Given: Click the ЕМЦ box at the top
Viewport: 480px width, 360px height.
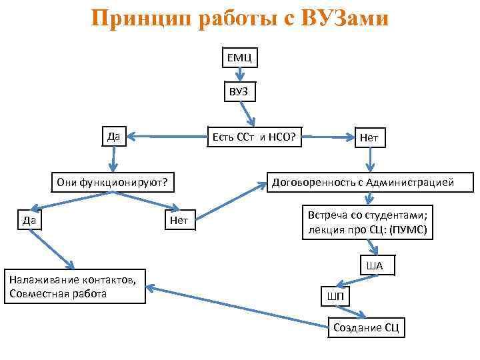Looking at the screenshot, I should point(238,59).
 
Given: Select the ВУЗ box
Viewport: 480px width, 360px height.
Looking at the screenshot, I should point(239,91).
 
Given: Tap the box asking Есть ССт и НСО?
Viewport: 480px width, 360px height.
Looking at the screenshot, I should point(253,137).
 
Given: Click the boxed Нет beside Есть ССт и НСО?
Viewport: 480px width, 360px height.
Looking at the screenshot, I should point(369,138).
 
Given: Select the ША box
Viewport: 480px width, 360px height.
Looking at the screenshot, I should point(377,266).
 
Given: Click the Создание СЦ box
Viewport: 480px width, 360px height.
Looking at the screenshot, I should point(368,327).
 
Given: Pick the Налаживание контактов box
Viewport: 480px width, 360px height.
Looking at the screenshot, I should point(75,285).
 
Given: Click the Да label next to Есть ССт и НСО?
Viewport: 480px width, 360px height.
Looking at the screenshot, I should point(114,137).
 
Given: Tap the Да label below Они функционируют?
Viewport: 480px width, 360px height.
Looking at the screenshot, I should point(29,219).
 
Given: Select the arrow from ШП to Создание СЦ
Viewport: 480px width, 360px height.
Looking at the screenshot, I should point(352,311).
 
